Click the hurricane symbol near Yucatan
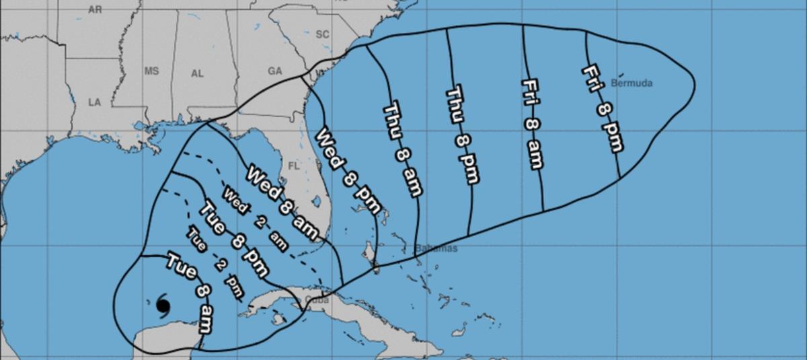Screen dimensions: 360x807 pos(163,305)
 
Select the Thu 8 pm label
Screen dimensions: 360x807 pos(464,134)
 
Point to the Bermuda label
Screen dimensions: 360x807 pos(632,83)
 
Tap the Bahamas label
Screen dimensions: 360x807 pos(436,248)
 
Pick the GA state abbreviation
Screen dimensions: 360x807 pos(275,71)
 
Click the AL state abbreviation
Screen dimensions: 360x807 pos(197,74)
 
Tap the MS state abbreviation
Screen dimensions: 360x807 pos(151,71)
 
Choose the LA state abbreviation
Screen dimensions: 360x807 pos(94,102)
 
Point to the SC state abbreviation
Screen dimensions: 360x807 pos(323,34)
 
